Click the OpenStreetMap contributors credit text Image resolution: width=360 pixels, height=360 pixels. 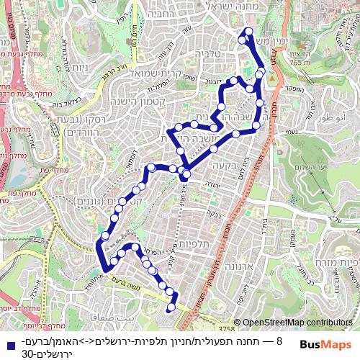pos(297,323)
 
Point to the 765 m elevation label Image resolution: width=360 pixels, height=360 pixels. pos(300,63)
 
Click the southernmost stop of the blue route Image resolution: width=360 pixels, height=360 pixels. pos(171,310)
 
